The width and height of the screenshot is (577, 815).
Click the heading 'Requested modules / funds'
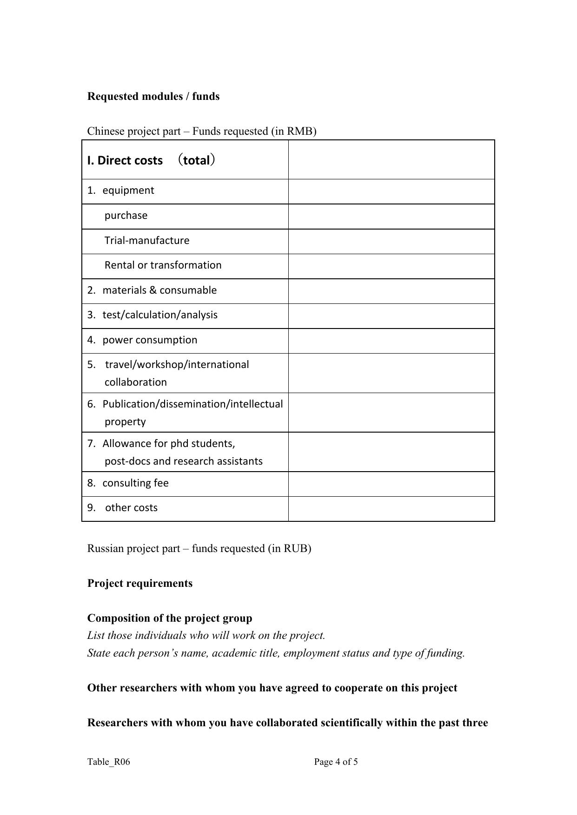[153, 96]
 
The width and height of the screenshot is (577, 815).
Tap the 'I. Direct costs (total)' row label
[151, 160]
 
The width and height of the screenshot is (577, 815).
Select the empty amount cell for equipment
[391, 191]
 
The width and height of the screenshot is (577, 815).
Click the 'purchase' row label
[126, 216]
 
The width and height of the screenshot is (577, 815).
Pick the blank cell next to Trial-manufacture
[391, 241]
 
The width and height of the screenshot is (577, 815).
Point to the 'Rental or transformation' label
[163, 265]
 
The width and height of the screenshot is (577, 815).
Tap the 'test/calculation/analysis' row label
[159, 315]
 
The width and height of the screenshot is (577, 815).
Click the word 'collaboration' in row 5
[135, 382]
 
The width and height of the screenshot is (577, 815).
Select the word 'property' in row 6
[125, 421]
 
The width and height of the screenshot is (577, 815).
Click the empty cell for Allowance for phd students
[391, 452]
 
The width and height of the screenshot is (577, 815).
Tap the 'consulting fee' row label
[135, 483]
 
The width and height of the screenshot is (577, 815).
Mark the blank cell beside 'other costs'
[391, 508]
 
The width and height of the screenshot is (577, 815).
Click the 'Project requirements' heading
[139, 583]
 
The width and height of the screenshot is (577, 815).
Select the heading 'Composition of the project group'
[170, 618]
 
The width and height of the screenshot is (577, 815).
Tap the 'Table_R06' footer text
[108, 762]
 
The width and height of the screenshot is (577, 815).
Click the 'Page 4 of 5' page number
[336, 762]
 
